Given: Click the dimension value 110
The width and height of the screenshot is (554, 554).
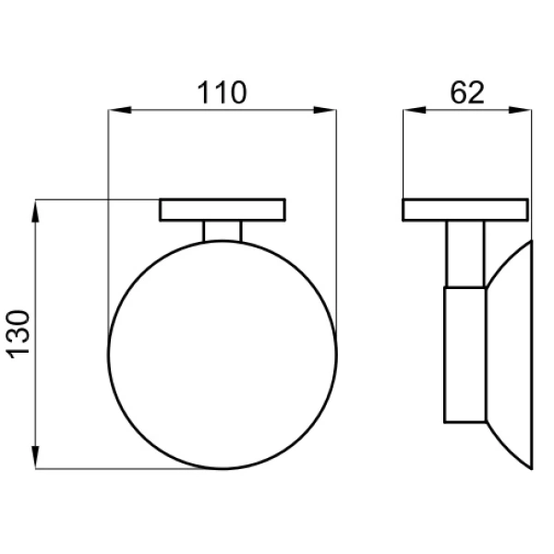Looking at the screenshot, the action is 222,92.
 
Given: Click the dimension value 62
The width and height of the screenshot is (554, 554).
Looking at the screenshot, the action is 467,92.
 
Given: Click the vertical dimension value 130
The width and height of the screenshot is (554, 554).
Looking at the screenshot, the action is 18,334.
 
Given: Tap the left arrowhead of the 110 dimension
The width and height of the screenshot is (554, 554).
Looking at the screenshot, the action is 120,110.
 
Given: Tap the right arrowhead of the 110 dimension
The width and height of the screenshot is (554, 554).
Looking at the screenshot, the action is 325,110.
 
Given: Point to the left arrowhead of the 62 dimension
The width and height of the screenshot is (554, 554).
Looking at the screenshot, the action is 415,110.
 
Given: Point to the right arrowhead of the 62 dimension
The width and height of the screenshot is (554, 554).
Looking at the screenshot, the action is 520,110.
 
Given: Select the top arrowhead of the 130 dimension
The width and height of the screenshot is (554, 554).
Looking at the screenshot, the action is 35,211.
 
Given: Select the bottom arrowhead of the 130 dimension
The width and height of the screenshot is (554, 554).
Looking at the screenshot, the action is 35,457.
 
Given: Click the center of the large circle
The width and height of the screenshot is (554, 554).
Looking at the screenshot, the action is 223,355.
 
